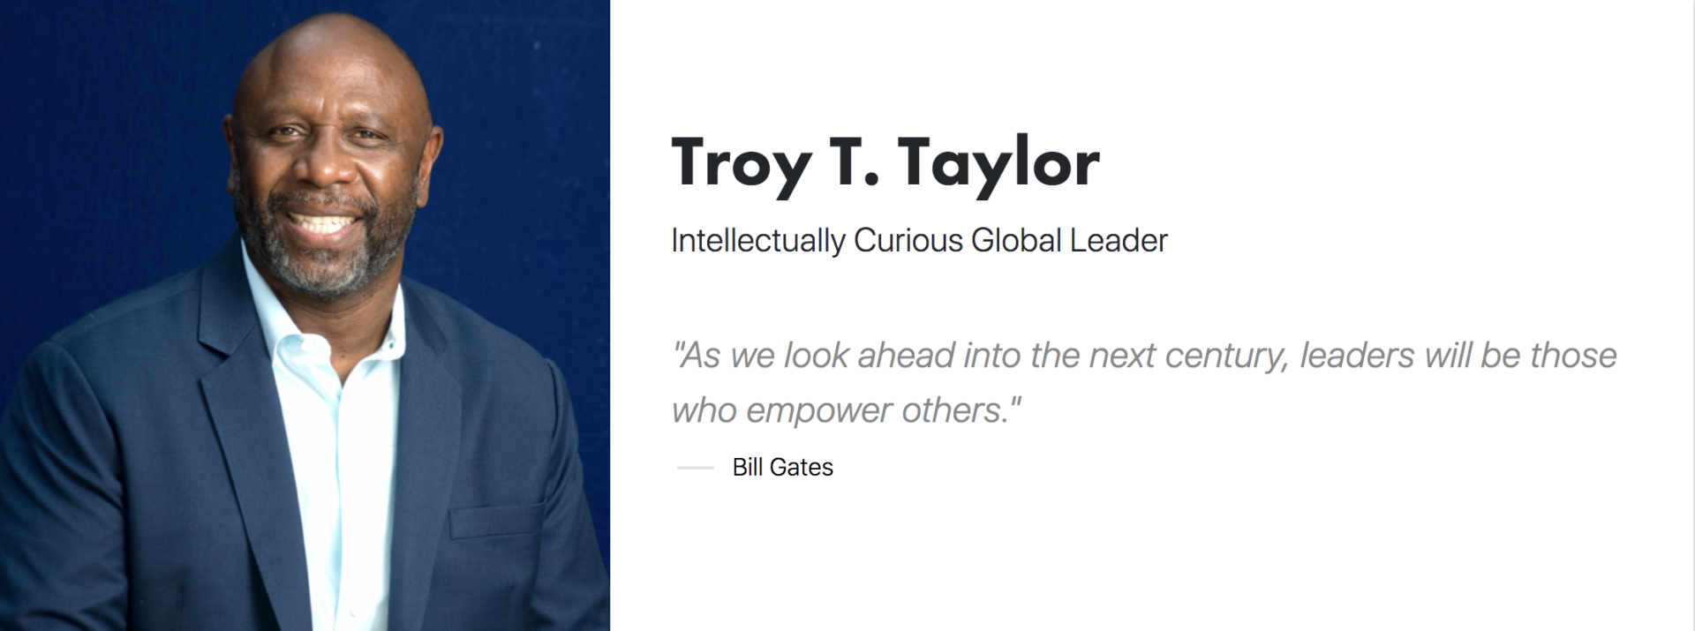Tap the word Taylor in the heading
point(999,165)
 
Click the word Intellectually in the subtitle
point(758,241)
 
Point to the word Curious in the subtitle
point(908,240)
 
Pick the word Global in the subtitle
point(1016,240)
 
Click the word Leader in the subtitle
point(1119,240)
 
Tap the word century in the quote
point(1226,357)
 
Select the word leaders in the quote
point(1357,355)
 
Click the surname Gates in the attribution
point(802,467)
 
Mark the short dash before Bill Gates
point(696,468)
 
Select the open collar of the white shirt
point(327,335)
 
